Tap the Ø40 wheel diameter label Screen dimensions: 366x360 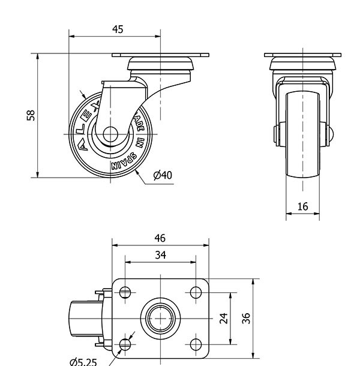click(x=163, y=175)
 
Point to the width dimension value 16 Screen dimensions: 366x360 click(x=302, y=207)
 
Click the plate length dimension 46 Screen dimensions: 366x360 click(x=160, y=238)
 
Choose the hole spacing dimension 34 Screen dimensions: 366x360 click(x=160, y=255)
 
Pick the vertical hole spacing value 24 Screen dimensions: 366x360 click(x=224, y=318)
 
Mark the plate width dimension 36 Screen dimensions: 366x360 click(x=245, y=318)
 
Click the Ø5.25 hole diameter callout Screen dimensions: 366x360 click(x=82, y=361)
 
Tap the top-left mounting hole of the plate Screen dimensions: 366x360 click(x=125, y=293)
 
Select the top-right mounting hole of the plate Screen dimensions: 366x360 click(x=196, y=293)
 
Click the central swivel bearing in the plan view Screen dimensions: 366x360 click(x=160, y=318)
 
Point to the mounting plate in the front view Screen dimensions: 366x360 click(x=303, y=56)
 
